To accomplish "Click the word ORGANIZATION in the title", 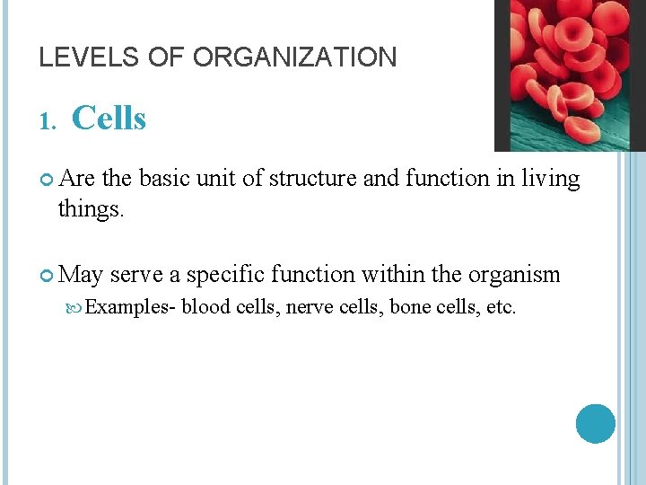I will (x=294, y=58).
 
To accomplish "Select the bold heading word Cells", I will (x=109, y=118).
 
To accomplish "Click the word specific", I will (x=223, y=275).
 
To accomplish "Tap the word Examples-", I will (x=131, y=308).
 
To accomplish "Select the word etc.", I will (x=501, y=308).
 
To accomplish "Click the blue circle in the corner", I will (x=595, y=423).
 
